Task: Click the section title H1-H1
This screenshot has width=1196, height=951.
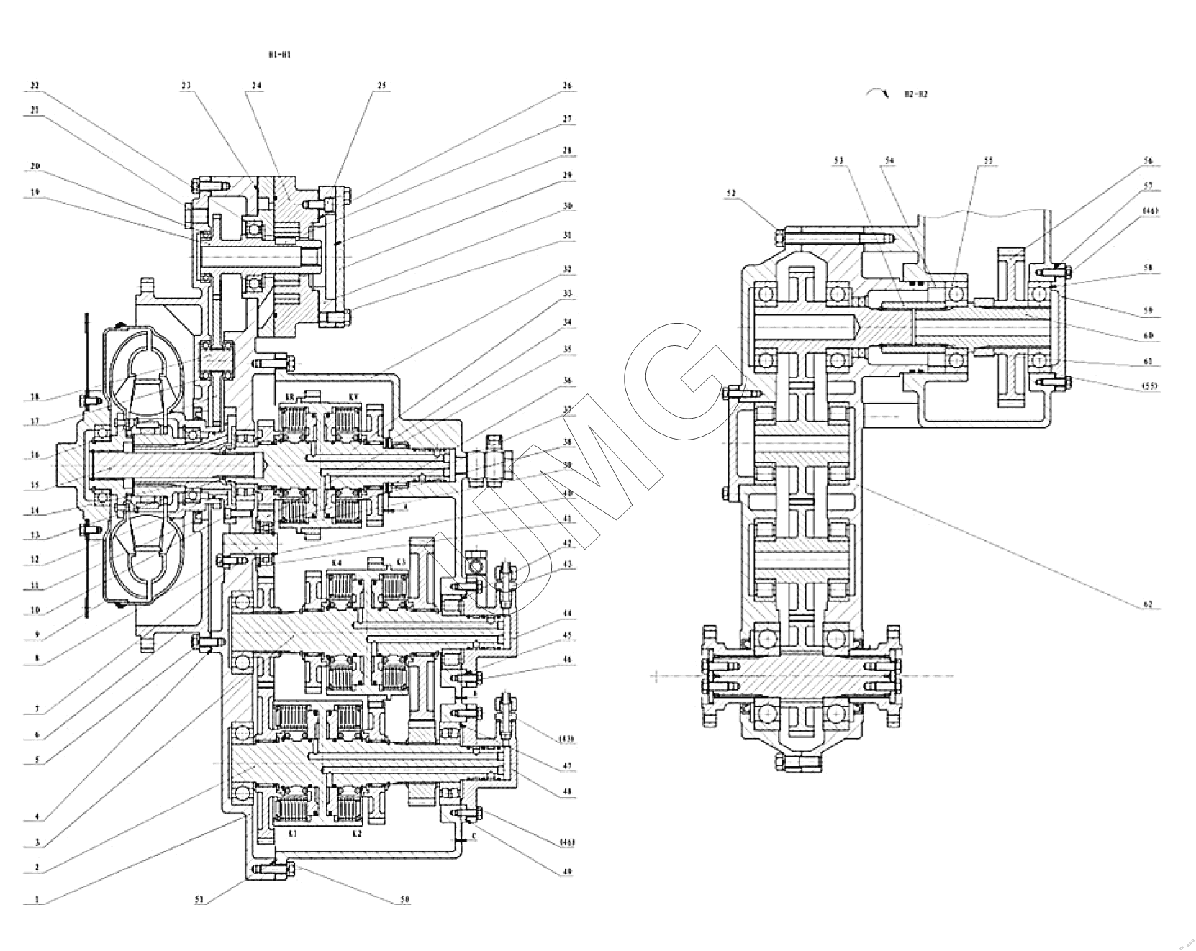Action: point(280,55)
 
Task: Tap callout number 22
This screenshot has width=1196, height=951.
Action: point(35,86)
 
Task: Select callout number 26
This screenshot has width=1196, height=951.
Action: point(567,86)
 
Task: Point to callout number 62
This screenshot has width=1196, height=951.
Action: point(1149,604)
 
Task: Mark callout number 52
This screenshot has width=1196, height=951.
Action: point(733,193)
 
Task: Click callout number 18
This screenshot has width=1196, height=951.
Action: point(35,396)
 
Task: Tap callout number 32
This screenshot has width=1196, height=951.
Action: point(567,270)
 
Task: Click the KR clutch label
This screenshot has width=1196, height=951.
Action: point(290,397)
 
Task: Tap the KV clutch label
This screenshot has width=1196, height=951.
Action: point(353,397)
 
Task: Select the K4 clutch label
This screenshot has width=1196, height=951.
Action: point(337,562)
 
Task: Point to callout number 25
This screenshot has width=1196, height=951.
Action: point(381,86)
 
